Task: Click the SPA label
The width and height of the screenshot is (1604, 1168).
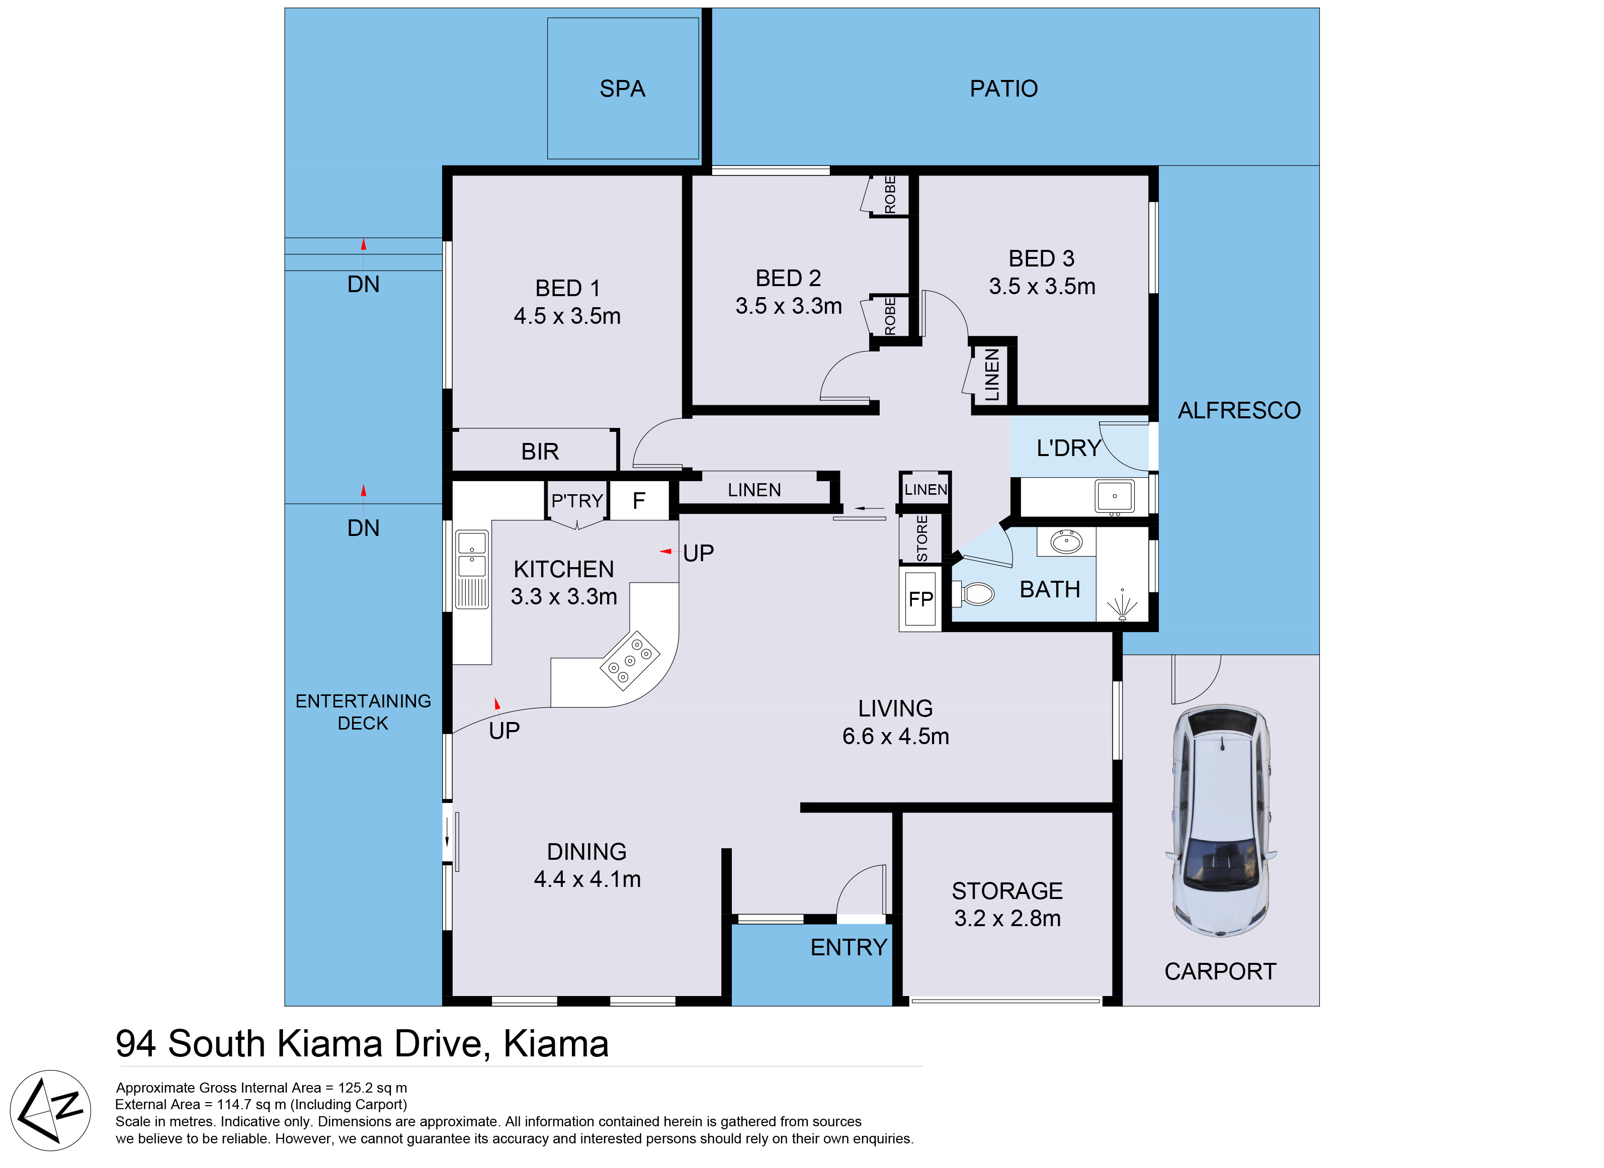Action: (622, 89)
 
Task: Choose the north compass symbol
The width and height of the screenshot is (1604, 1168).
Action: (50, 1111)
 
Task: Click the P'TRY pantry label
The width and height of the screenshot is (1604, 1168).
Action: (577, 501)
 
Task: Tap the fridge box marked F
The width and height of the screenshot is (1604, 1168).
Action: (639, 501)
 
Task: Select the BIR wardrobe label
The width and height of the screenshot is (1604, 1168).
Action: (540, 452)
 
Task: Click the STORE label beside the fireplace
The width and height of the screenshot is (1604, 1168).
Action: (921, 539)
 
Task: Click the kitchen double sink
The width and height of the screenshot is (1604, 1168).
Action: (472, 569)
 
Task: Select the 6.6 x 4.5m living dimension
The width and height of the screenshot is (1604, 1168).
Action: (895, 737)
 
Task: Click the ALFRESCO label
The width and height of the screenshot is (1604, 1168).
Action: (1239, 411)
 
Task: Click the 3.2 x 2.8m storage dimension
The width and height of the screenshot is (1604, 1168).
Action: (1007, 919)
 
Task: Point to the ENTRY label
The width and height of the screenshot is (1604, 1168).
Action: (849, 947)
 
